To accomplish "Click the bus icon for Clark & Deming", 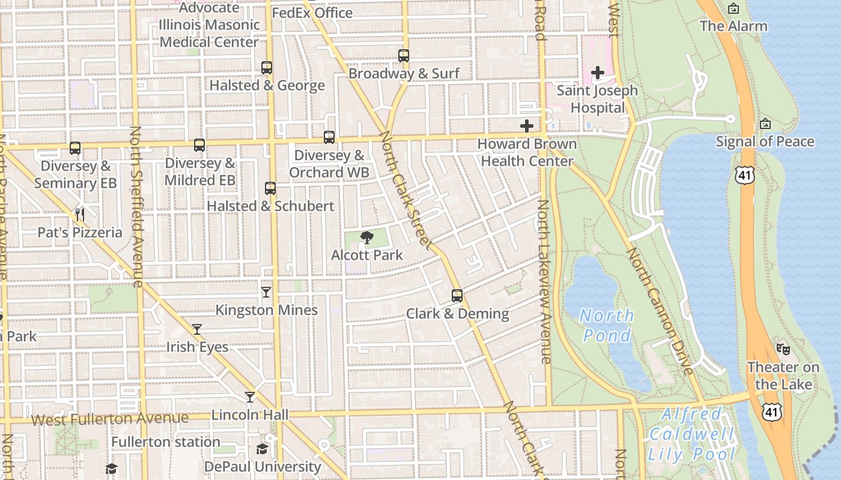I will pos(457,296).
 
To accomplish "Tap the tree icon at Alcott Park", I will pos(366,238).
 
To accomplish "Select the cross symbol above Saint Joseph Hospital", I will pos(597,73).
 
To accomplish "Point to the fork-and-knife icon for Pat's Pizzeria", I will pos(79,214).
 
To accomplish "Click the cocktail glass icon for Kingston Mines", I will pos(266,292).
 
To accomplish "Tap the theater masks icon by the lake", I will pos(783,349).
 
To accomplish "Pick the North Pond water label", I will pos(607,325).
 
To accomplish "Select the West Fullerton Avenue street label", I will pos(110,418).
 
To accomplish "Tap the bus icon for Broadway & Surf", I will pos(404,56).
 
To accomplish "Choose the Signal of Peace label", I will pos(765,142).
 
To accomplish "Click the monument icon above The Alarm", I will pos(733,8).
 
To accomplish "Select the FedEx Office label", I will pos(312,13).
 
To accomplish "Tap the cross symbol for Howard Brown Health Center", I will pos(527,126).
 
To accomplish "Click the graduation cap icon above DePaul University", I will pos(262,449).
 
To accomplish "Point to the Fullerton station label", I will pos(166,442).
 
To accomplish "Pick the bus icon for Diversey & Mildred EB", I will pos(199,145).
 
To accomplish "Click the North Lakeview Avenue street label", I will pos(544,282).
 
